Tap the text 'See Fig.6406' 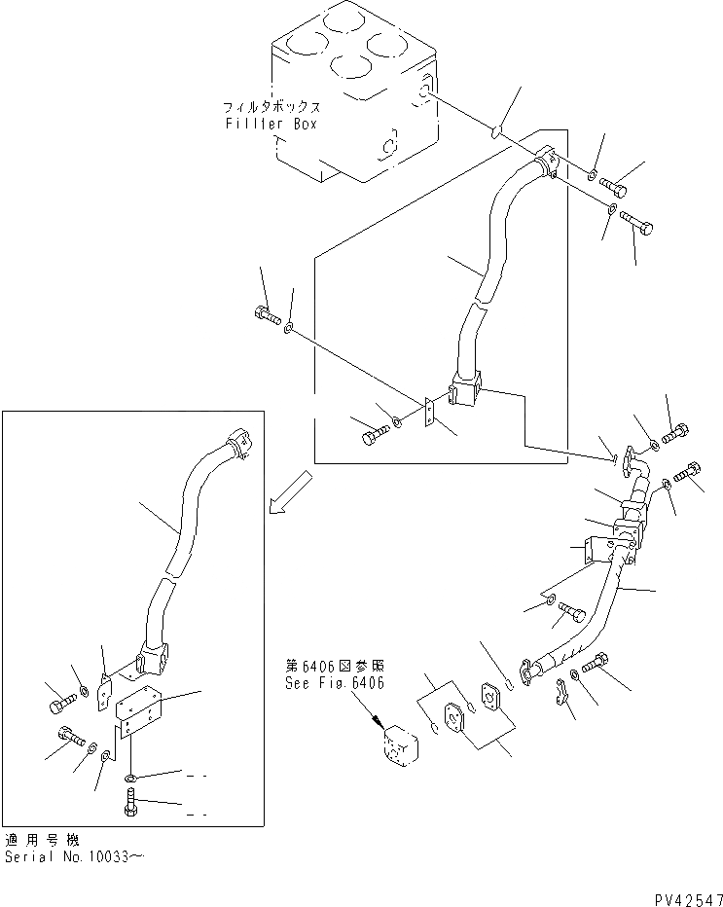click(x=334, y=683)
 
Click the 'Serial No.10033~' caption click(x=78, y=857)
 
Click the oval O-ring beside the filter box click(x=496, y=131)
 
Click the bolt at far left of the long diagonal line click(x=266, y=315)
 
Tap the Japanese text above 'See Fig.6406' click(x=334, y=666)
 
